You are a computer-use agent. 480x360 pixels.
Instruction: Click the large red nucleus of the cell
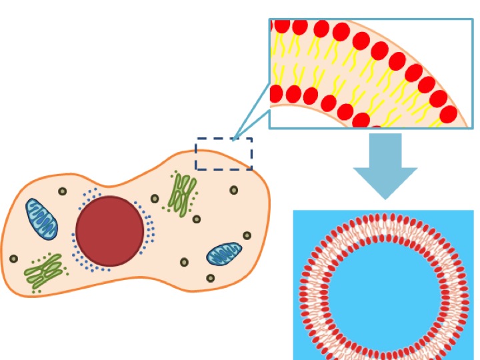click(x=110, y=231)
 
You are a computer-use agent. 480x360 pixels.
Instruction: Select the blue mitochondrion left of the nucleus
click(x=42, y=219)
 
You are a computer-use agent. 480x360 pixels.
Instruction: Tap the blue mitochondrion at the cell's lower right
click(x=224, y=254)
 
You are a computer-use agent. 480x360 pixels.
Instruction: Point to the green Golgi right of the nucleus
click(x=182, y=194)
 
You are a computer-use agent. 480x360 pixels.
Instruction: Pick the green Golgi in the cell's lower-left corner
click(x=43, y=270)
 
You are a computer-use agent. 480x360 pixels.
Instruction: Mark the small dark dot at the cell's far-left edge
click(x=13, y=259)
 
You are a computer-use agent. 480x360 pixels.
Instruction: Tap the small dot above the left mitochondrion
click(x=63, y=191)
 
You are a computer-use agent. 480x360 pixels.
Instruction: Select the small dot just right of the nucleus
click(x=155, y=199)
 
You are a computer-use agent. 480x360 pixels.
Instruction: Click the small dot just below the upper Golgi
click(x=197, y=219)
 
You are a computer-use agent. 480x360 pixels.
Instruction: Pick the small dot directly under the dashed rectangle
click(x=234, y=190)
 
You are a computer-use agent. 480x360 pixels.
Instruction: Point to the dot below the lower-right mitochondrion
click(x=211, y=278)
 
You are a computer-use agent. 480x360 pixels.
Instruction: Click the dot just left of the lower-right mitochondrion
click(x=185, y=262)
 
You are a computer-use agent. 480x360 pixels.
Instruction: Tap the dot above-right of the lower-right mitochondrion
click(x=247, y=235)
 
